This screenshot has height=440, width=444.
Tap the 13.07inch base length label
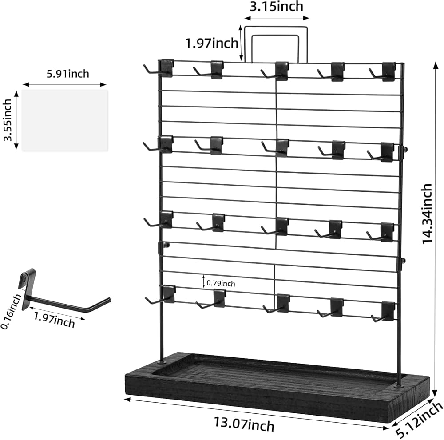(x=250, y=424)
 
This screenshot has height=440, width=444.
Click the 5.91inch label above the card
(x=68, y=73)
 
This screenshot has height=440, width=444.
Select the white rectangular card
(x=64, y=120)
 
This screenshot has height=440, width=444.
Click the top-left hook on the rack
(x=160, y=69)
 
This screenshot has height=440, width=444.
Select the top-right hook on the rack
(x=384, y=72)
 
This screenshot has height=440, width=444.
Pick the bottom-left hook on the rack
(x=161, y=295)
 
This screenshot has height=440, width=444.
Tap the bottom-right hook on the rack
(x=384, y=312)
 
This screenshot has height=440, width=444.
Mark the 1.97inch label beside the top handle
(x=211, y=43)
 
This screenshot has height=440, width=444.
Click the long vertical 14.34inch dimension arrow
(x=434, y=222)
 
